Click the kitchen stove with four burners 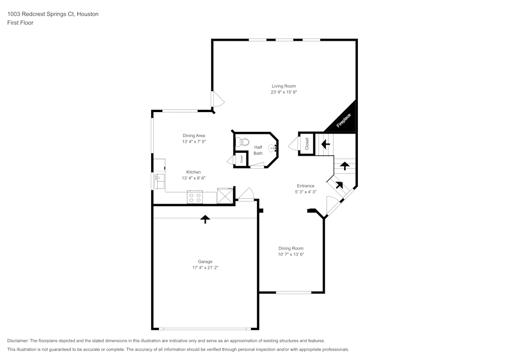194,197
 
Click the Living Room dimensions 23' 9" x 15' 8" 284,92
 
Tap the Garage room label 205,261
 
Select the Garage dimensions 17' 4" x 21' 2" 205,267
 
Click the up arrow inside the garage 205,219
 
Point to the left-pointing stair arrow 325,144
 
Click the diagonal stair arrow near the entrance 338,185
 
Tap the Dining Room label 291,248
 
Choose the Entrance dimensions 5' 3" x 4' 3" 305,192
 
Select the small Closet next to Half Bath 241,159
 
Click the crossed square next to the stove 224,196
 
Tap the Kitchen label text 193,172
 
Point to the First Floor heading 20,23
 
